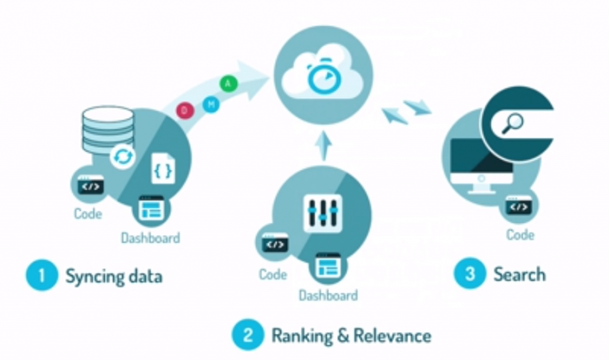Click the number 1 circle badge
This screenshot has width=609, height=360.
pos(42,275)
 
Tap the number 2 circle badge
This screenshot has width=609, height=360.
pos(247,335)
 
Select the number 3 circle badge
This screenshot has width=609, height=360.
pos(469,274)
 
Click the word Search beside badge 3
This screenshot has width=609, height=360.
pos(519,274)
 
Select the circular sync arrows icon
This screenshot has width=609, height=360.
pos(123,156)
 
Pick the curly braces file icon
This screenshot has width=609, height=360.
pos(163,169)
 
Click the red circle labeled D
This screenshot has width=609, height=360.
pos(184,110)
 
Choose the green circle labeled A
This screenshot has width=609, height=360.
pos(228,83)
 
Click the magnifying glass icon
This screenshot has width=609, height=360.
pos(512,124)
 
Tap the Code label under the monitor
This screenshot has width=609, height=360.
pos(520,235)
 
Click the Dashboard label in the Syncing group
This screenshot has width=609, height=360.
pos(151,237)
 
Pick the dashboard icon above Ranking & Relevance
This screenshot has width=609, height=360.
pos(327,267)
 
